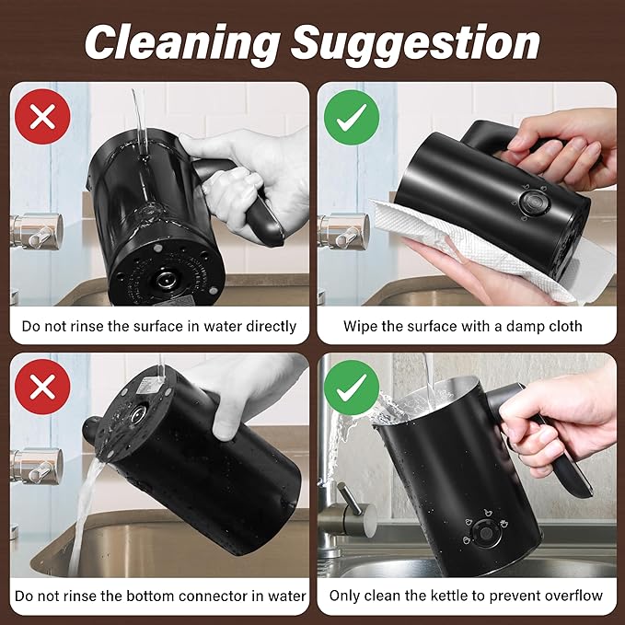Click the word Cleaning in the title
(182, 43)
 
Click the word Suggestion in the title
(416, 43)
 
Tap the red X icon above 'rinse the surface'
(42, 117)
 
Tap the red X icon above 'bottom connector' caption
(42, 387)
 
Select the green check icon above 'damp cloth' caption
(352, 118)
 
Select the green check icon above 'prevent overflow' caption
(352, 388)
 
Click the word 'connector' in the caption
(214, 596)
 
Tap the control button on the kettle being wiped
(535, 203)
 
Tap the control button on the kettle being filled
(485, 533)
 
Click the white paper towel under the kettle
(470, 247)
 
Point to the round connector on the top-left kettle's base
(166, 280)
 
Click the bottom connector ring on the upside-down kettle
(137, 414)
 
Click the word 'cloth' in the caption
(564, 327)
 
